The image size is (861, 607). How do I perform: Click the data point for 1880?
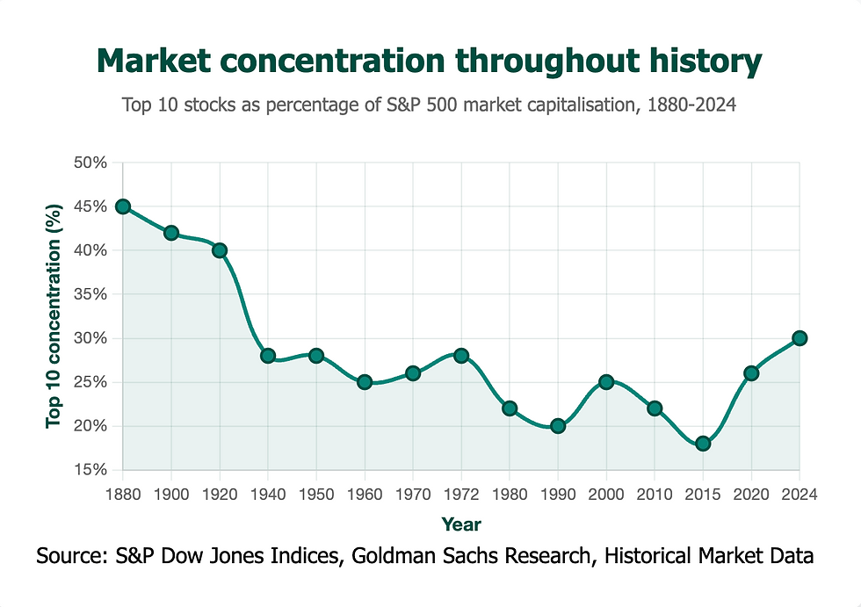tap(123, 206)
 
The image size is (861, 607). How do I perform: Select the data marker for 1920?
tap(220, 250)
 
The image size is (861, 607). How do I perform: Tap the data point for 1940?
tap(268, 356)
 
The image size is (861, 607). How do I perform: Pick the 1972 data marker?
tap(461, 356)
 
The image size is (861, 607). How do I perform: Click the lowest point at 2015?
tap(703, 444)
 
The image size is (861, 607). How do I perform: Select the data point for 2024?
tap(799, 338)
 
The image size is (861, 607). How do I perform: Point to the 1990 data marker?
tap(558, 426)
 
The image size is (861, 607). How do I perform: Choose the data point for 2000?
tap(606, 382)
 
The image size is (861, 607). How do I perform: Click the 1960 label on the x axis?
tap(365, 494)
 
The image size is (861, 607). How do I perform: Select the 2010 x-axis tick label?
tap(655, 494)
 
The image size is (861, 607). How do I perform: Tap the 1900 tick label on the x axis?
tap(171, 494)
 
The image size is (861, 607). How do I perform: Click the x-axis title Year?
tap(461, 524)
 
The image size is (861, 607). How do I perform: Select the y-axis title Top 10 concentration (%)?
tap(54, 316)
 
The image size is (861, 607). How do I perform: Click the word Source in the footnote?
tap(67, 556)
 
